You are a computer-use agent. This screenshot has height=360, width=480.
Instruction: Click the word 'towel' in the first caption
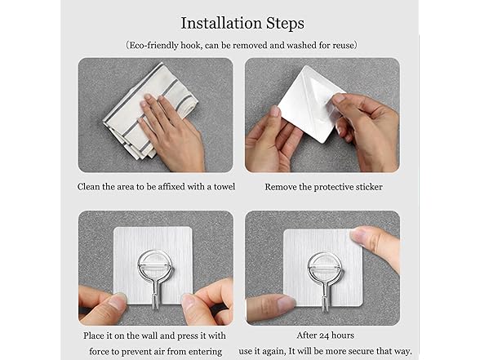(223, 187)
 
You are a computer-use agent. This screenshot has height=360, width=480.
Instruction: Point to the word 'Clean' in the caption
(91, 187)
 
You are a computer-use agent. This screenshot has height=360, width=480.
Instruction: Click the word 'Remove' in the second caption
(282, 187)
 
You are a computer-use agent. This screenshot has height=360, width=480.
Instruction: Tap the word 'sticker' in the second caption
(367, 187)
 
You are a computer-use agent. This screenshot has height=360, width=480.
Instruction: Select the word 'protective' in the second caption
(323, 187)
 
